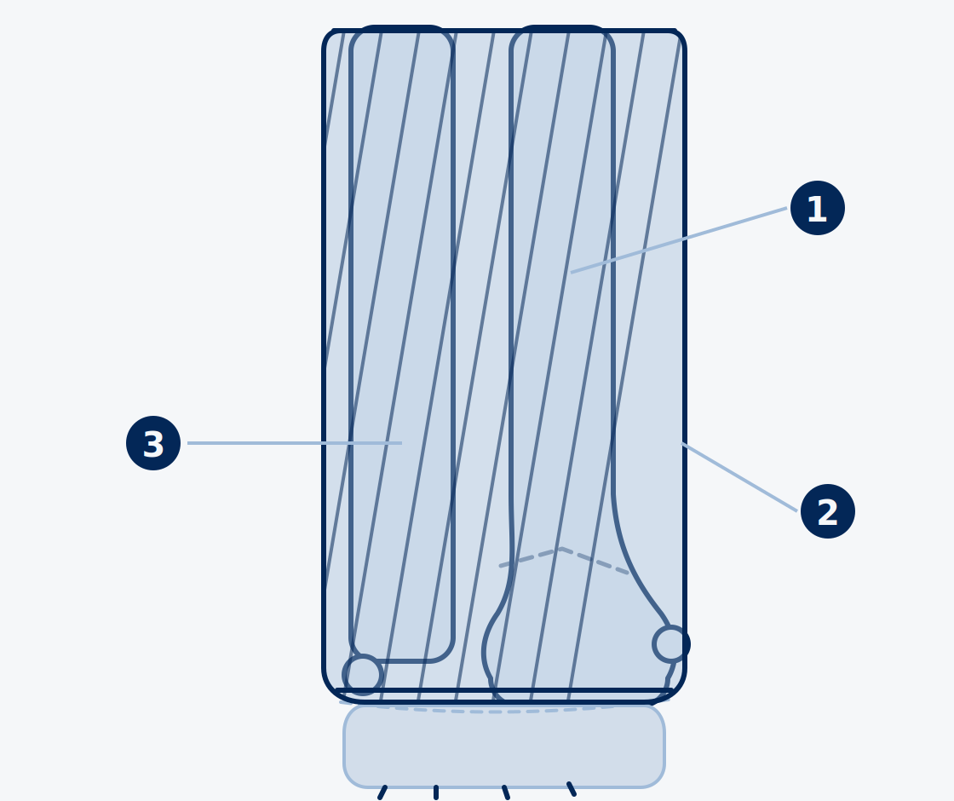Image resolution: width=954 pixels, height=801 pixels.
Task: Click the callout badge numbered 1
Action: [817, 208]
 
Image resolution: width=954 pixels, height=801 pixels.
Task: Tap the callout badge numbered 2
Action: [827, 511]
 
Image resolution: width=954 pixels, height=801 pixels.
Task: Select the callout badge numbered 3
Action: [153, 443]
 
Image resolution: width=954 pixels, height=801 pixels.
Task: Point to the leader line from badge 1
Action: [678, 240]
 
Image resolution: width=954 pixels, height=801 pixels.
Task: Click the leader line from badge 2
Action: [739, 477]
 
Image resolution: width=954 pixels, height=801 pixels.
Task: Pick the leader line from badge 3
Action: [295, 443]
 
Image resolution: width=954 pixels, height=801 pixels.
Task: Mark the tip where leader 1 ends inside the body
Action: [571, 273]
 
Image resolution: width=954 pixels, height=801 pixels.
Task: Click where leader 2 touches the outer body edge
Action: [682, 444]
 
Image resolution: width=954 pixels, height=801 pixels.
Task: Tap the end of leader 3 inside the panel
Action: [401, 443]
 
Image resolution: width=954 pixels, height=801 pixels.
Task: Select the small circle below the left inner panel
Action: [363, 675]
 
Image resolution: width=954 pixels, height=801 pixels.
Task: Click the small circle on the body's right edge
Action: [671, 644]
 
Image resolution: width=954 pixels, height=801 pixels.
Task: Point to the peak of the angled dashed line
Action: [561, 549]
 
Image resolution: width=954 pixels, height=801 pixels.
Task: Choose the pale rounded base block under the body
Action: [504, 746]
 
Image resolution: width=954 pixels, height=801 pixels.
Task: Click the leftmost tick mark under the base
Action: [382, 792]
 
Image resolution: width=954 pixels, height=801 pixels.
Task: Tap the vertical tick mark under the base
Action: [436, 792]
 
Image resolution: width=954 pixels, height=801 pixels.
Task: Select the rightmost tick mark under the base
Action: [572, 789]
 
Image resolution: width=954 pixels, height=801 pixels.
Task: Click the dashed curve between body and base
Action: [505, 710]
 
